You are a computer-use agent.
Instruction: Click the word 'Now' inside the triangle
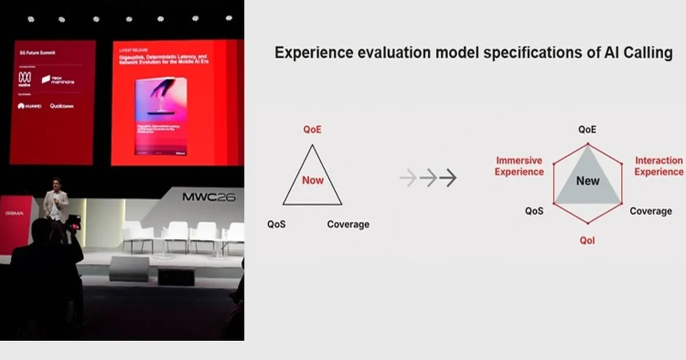pyautogui.click(x=313, y=180)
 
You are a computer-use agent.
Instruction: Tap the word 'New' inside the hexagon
pyautogui.click(x=588, y=181)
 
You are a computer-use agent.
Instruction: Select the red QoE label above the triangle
pyautogui.click(x=312, y=130)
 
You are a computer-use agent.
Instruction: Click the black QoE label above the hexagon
pyautogui.click(x=587, y=130)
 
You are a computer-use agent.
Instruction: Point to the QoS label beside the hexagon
pyautogui.click(x=534, y=211)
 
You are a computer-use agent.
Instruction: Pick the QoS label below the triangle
pyautogui.click(x=276, y=225)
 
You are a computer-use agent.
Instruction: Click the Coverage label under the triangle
pyautogui.click(x=348, y=225)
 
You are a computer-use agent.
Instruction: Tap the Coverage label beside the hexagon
pyautogui.click(x=651, y=211)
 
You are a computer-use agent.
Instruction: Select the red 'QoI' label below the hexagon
pyautogui.click(x=587, y=241)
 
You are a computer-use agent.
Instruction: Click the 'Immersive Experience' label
pyautogui.click(x=519, y=166)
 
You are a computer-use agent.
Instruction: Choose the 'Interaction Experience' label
pyautogui.click(x=659, y=166)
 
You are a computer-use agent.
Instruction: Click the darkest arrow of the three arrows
pyautogui.click(x=448, y=178)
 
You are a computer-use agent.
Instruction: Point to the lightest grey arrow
pyautogui.click(x=408, y=178)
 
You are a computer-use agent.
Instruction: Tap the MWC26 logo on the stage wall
pyautogui.click(x=209, y=197)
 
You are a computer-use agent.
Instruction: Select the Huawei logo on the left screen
pyautogui.click(x=29, y=106)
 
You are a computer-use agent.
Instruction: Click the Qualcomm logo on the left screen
pyautogui.click(x=62, y=106)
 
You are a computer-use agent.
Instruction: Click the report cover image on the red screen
pyautogui.click(x=161, y=117)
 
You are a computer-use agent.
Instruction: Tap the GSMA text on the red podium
pyautogui.click(x=14, y=213)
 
